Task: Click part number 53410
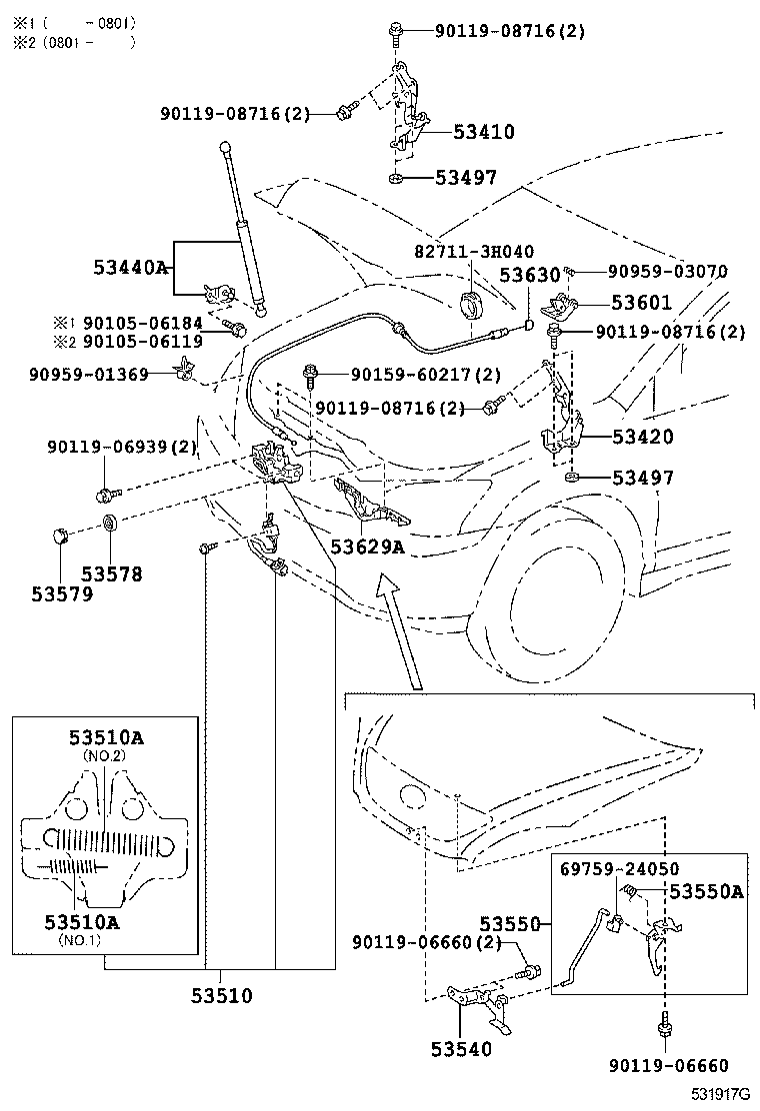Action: pos(483,131)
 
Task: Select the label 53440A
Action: pos(131,268)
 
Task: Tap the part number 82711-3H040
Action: pos(474,251)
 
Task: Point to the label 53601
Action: pos(641,303)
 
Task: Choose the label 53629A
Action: pos(367,547)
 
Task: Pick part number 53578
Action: pos(112,574)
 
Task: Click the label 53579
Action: pos(62,594)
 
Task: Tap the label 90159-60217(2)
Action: pos(425,375)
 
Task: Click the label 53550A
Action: pos(706,891)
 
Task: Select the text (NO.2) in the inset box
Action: pos(105,756)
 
